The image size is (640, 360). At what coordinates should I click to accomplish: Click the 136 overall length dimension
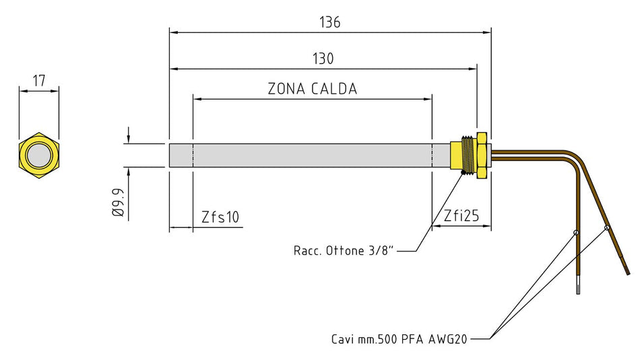(x=329, y=22)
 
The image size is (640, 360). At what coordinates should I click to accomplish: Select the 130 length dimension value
(x=323, y=59)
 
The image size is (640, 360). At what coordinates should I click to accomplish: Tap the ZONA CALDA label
(x=312, y=89)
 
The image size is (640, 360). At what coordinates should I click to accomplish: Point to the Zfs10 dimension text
(x=220, y=216)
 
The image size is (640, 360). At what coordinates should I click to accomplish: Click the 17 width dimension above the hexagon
(x=38, y=81)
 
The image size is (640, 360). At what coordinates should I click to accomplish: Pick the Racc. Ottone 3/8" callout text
(x=343, y=251)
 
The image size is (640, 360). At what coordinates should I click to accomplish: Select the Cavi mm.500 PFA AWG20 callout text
(x=399, y=338)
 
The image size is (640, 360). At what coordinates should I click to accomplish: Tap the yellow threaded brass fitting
(x=462, y=155)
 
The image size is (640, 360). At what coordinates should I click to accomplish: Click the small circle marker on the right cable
(x=606, y=227)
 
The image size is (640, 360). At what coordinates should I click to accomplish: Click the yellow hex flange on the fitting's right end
(x=482, y=155)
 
